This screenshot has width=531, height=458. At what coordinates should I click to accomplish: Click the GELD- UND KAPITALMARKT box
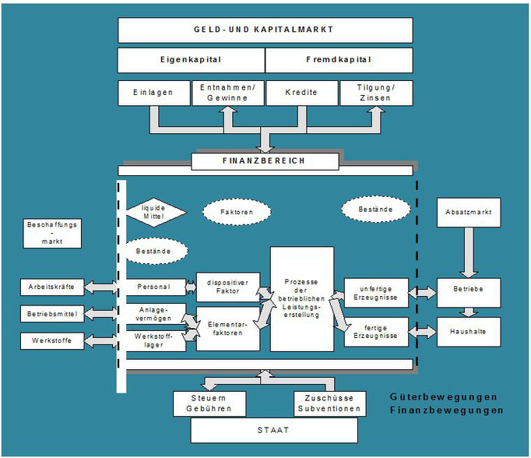click(x=265, y=30)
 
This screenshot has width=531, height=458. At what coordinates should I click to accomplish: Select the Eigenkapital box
click(x=191, y=60)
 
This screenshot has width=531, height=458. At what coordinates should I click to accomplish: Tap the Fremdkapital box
click(x=339, y=60)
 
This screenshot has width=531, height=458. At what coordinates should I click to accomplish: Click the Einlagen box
click(x=155, y=93)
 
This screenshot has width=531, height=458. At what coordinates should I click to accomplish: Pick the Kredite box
click(x=302, y=93)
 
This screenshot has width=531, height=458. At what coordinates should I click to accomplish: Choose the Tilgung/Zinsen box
click(x=376, y=93)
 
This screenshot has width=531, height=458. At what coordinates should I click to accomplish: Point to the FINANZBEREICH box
click(x=265, y=161)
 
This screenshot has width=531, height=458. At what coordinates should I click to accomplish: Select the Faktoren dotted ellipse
click(x=237, y=211)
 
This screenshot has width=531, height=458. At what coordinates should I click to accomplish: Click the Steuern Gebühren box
click(x=209, y=403)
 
